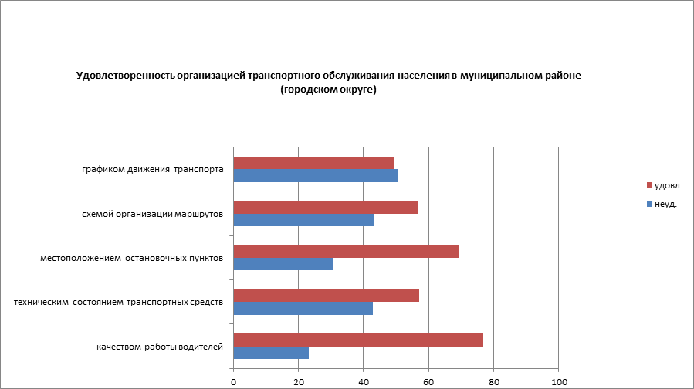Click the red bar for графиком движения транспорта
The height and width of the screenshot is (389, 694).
(x=313, y=163)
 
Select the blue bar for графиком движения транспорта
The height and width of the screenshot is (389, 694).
(x=316, y=176)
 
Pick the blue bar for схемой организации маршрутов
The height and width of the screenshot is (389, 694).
(x=303, y=220)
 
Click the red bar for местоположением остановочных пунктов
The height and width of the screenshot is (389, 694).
(x=346, y=252)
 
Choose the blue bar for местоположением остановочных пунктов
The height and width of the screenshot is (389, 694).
(x=283, y=264)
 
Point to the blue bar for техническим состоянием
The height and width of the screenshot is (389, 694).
(x=303, y=308)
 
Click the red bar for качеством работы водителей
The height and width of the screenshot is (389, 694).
(x=358, y=340)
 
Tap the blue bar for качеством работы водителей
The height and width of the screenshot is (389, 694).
(x=271, y=353)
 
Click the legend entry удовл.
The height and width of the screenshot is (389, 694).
(x=668, y=186)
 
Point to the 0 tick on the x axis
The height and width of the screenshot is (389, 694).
(x=233, y=381)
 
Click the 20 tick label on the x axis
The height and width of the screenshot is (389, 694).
(x=298, y=381)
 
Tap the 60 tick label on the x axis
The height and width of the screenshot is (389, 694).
(x=428, y=381)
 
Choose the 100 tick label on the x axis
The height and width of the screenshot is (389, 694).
(x=559, y=381)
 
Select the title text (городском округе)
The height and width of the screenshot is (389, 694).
(x=328, y=90)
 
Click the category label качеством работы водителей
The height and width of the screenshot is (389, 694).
(x=160, y=347)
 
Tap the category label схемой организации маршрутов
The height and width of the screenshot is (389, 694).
(x=153, y=214)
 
